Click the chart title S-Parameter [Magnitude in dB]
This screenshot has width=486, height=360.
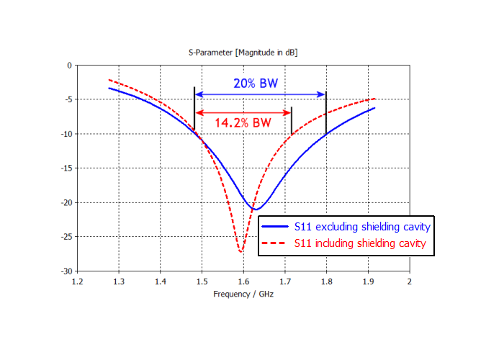point(243,53)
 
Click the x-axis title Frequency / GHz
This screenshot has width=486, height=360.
point(243,294)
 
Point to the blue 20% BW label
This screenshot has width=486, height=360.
point(255,83)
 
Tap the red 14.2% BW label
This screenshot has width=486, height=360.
point(243,122)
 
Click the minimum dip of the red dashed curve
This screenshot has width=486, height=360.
point(241,251)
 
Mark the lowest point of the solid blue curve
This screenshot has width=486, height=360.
point(255,210)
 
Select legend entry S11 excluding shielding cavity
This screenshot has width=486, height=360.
point(362,227)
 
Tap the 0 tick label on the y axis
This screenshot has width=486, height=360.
point(69,66)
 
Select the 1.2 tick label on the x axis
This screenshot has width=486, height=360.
point(77,282)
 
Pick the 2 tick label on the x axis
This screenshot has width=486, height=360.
point(410,282)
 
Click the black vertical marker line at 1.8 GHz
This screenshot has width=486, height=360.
point(326,112)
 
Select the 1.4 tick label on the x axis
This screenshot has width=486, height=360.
point(160,282)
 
